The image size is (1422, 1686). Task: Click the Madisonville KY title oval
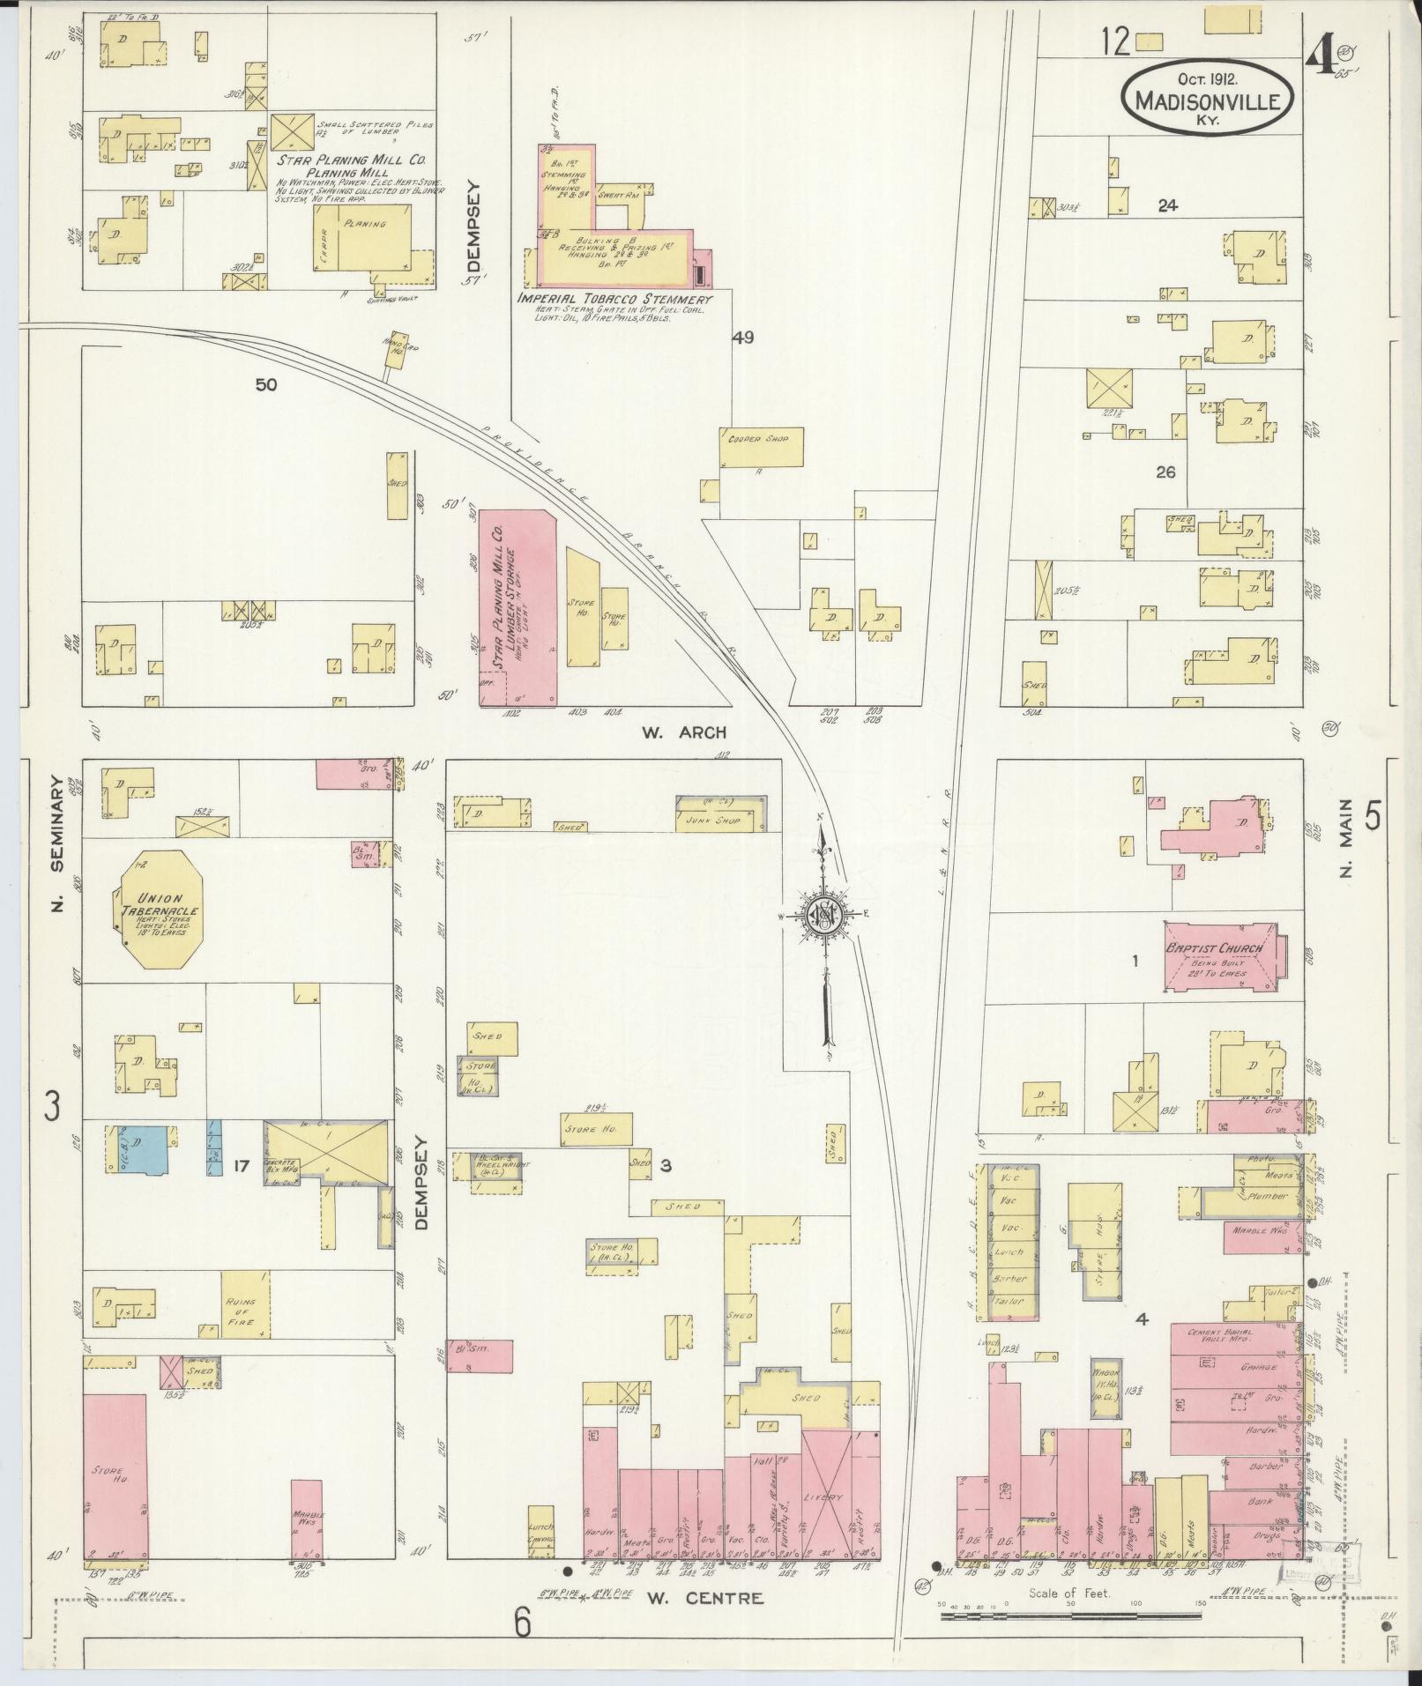tap(1208, 99)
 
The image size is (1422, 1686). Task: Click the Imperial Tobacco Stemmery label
tap(614, 300)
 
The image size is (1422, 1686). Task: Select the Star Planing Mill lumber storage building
tap(517, 608)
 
